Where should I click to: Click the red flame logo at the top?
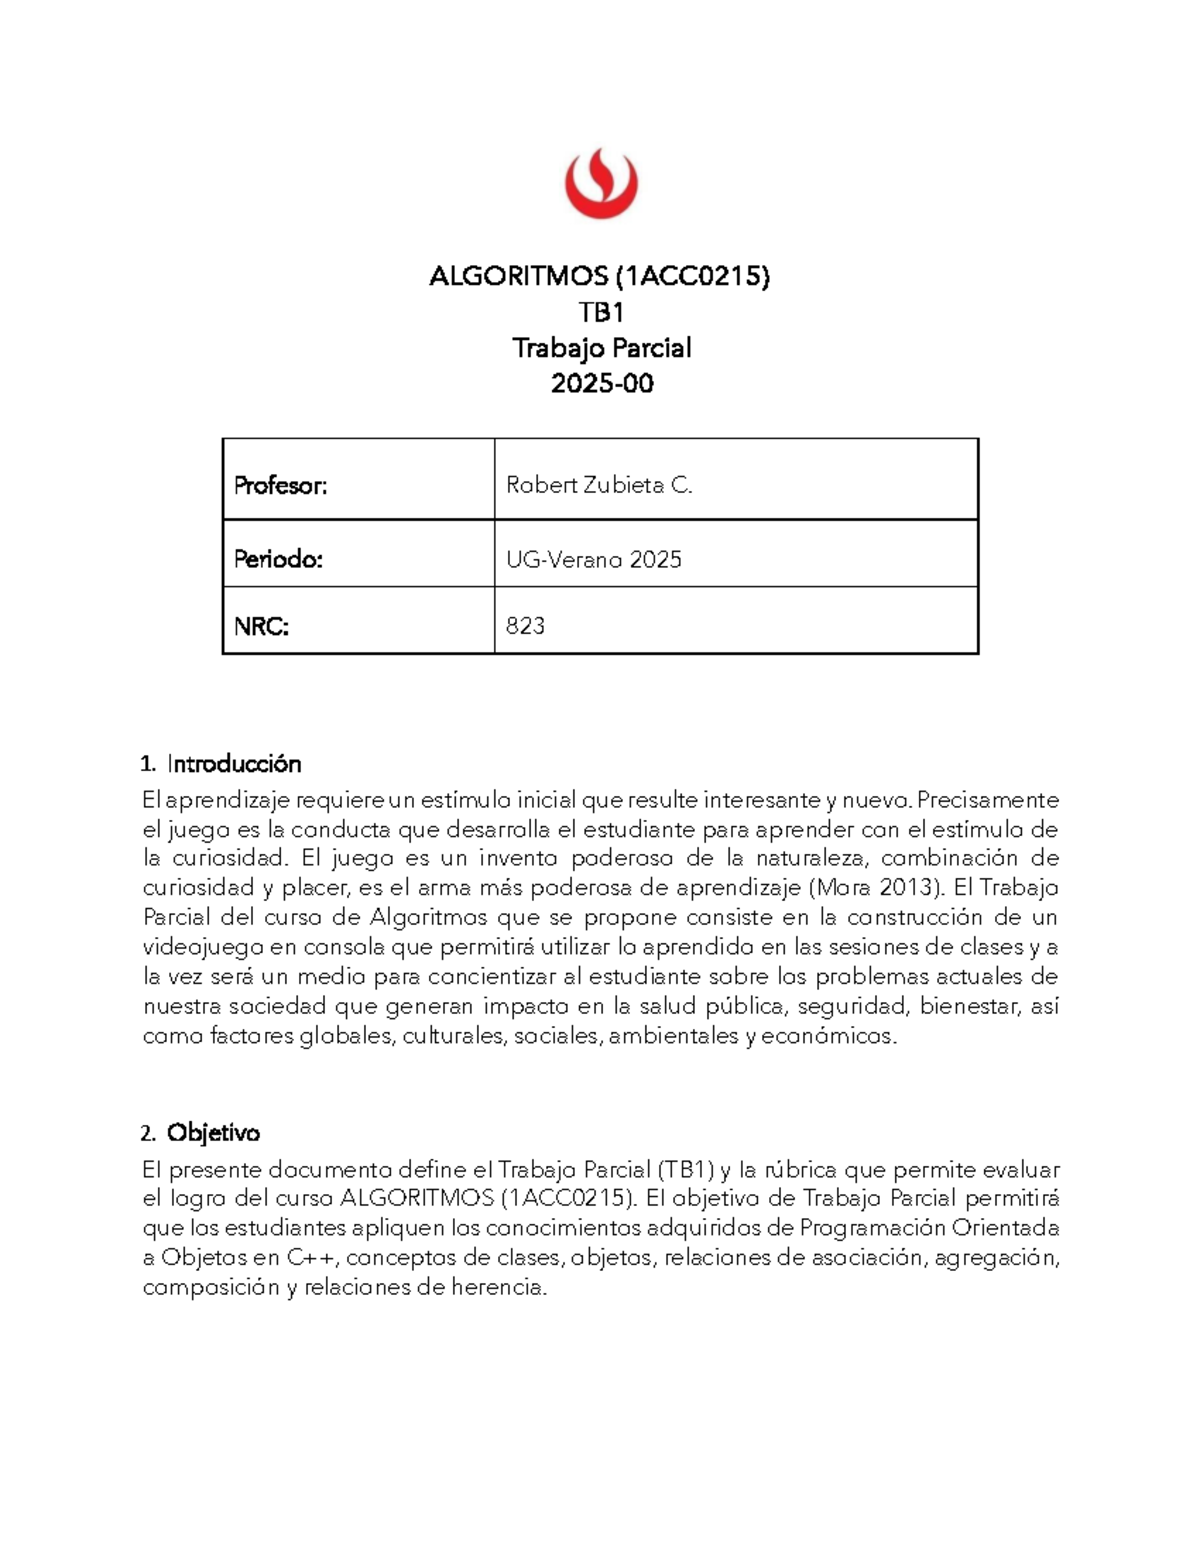pyautogui.click(x=600, y=184)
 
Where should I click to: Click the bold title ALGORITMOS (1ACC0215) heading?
pyautogui.click(x=600, y=276)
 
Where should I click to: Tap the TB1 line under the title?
pyautogui.click(x=601, y=312)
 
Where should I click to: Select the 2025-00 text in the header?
pyautogui.click(x=601, y=383)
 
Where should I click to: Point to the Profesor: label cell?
pyautogui.click(x=281, y=485)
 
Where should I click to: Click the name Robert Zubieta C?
pyautogui.click(x=599, y=485)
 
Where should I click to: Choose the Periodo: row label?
pyautogui.click(x=278, y=559)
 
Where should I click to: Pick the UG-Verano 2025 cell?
pyautogui.click(x=594, y=559)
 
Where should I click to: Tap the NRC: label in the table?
pyautogui.click(x=261, y=626)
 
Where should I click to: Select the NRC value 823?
pyautogui.click(x=525, y=626)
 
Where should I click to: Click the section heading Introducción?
pyautogui.click(x=234, y=764)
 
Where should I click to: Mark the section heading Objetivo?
pyautogui.click(x=213, y=1133)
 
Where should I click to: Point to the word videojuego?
pyautogui.click(x=203, y=947)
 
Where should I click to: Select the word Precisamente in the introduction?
pyautogui.click(x=987, y=800)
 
